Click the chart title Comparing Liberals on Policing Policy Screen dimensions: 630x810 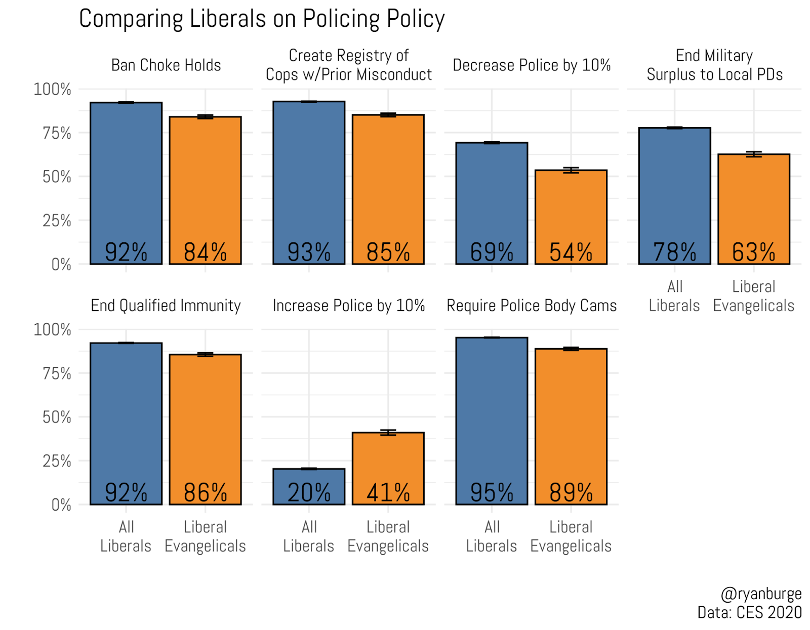[x=262, y=19]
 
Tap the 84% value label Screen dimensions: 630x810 [x=205, y=252]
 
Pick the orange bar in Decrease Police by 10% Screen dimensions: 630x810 [x=571, y=213]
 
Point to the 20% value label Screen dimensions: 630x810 [x=309, y=492]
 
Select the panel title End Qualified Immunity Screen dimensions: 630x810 [x=166, y=306]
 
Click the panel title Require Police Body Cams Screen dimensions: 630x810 [x=532, y=306]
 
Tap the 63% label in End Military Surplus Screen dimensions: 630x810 [x=753, y=252]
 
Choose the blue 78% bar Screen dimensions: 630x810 [x=674, y=192]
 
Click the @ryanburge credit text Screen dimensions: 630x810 [x=761, y=594]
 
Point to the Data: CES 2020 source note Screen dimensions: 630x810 [x=749, y=612]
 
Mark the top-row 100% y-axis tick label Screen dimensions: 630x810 [x=52, y=90]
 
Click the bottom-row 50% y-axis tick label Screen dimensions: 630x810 [x=57, y=417]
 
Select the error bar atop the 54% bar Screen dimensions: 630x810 [x=571, y=170]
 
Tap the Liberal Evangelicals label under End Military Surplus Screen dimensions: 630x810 [x=753, y=296]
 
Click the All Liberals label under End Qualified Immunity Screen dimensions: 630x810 [x=126, y=536]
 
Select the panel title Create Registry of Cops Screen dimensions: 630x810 [x=348, y=65]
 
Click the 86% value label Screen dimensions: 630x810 [x=205, y=492]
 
